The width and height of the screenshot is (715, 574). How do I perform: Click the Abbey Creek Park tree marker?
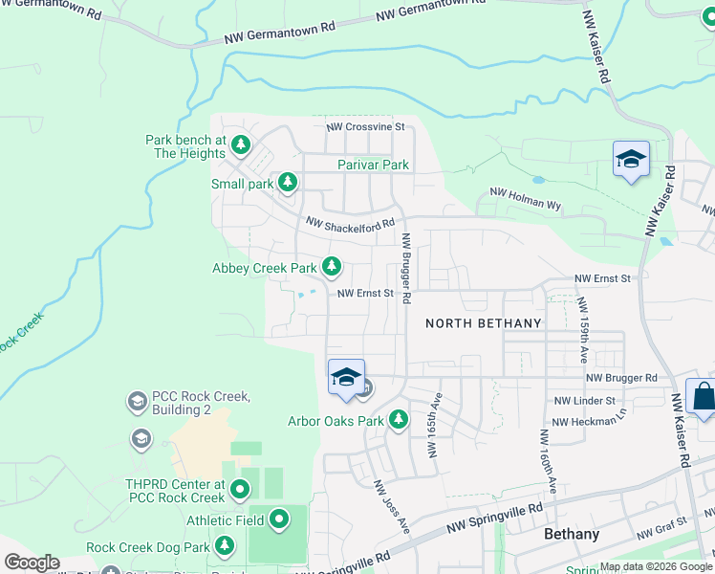(x=332, y=266)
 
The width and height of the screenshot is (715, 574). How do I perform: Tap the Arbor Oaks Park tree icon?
(x=398, y=419)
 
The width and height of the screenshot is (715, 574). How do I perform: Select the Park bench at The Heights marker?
(x=241, y=145)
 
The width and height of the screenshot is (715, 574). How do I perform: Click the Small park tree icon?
(x=286, y=182)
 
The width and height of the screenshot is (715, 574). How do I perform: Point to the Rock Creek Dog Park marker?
(x=225, y=545)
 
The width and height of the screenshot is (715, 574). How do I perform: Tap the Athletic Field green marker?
(x=279, y=519)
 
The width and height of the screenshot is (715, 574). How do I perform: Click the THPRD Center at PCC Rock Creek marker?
(x=239, y=489)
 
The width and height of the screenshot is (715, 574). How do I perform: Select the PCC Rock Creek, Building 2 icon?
(x=137, y=402)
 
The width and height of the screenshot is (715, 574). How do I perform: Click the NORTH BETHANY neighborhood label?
(x=483, y=323)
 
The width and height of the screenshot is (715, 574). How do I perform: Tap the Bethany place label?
(x=572, y=534)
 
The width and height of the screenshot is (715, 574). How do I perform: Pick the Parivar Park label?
(x=373, y=165)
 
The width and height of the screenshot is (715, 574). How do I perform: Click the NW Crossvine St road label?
(x=365, y=126)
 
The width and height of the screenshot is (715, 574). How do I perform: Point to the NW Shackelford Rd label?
(x=350, y=223)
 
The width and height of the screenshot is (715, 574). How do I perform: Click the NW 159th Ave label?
(x=581, y=329)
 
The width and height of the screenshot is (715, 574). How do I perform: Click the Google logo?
(x=32, y=563)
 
